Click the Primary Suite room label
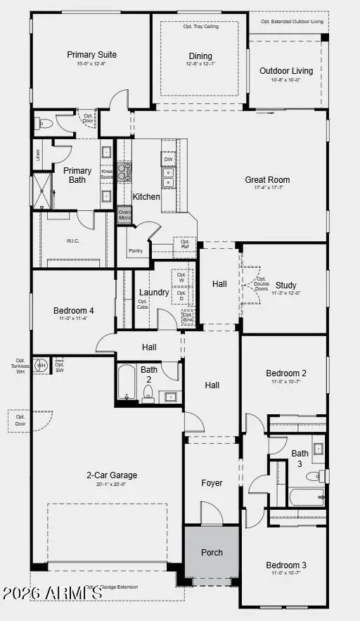(x=91, y=54)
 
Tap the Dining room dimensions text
(x=200, y=65)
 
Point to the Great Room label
(x=267, y=179)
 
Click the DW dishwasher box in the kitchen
(x=168, y=160)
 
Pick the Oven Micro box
(x=124, y=215)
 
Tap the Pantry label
(x=136, y=250)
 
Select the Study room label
(x=285, y=285)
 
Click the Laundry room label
(x=153, y=292)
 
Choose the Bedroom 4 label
(x=72, y=310)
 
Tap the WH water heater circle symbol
(x=41, y=365)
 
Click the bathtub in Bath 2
(x=127, y=383)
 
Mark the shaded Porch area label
(x=212, y=552)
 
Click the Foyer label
(x=212, y=483)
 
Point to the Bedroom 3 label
(x=285, y=565)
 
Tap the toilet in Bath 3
(x=323, y=476)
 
